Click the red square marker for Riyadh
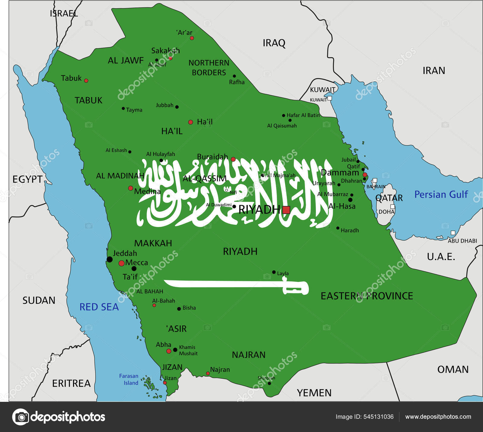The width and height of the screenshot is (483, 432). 286,210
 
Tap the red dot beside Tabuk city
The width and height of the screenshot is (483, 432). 86,81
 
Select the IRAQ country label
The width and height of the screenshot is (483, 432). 274,43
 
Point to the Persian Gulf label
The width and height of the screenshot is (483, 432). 441,195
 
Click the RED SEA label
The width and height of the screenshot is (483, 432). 99,307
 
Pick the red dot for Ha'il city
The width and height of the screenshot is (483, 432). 190,122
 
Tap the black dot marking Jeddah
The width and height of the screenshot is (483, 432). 110,259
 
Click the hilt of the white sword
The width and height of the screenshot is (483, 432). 296,287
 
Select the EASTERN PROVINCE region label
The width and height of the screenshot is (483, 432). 367,296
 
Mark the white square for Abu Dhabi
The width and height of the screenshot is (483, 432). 453,233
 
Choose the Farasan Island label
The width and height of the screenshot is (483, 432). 129,380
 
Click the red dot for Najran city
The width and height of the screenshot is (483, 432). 208,373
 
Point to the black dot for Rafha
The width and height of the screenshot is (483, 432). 234,76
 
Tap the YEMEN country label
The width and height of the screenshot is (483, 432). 314,393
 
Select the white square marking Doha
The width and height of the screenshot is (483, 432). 392,207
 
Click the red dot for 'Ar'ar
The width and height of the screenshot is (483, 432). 192,38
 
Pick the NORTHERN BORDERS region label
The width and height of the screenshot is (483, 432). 209,68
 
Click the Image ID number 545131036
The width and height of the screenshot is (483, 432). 379,417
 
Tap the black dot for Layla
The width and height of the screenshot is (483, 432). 274,272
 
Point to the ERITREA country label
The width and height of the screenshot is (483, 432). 71,383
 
